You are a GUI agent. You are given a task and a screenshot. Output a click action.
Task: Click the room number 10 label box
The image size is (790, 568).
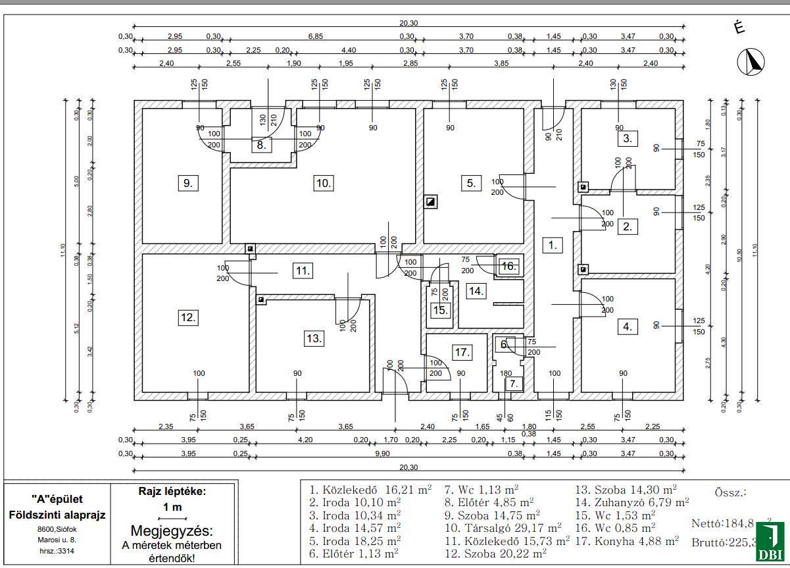tap(323, 183)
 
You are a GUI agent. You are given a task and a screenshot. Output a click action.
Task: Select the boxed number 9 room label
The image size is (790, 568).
tap(188, 183)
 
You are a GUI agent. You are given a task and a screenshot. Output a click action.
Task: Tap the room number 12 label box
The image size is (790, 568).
tap(188, 317)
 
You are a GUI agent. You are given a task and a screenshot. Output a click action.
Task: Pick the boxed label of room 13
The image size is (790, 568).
tap(314, 338)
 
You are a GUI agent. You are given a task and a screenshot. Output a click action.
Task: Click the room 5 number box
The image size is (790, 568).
tap(471, 183)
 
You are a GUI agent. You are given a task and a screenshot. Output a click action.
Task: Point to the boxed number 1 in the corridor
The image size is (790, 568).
tap(553, 245)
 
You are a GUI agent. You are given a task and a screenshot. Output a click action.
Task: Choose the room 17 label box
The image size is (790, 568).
tap(462, 352)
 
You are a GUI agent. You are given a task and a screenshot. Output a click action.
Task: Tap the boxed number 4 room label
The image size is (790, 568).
tap(628, 326)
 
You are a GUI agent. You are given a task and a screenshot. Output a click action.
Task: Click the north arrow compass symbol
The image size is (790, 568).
tap(751, 62)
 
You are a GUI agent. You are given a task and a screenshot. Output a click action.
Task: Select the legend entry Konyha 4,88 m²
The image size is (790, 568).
tap(627, 540)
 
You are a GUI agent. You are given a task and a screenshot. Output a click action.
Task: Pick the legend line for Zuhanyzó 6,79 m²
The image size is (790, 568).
tap(632, 502)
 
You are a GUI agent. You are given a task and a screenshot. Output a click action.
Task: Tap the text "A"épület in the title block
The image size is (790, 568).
tap(57, 499)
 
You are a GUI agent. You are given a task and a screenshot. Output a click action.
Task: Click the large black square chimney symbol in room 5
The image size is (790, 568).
tap(431, 202)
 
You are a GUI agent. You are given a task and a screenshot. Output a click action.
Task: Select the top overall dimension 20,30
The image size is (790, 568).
tap(408, 23)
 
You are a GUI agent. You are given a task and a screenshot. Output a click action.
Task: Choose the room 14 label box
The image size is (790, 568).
tap(476, 290)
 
